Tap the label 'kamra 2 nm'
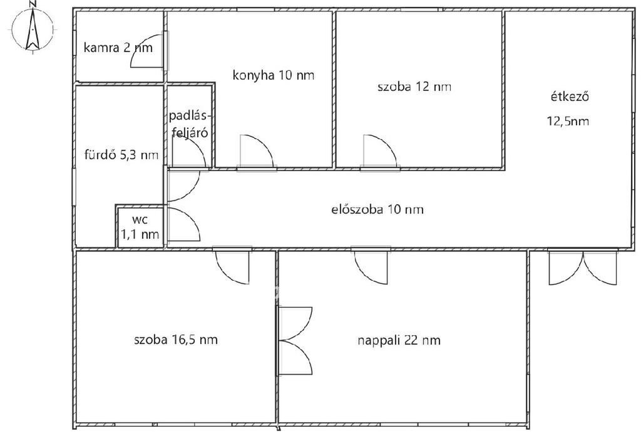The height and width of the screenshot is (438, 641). click(x=118, y=48)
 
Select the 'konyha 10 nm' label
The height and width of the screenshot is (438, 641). click(x=274, y=75)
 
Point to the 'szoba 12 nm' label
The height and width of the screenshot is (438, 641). click(x=414, y=86)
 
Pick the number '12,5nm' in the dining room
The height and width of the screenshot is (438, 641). click(x=568, y=121)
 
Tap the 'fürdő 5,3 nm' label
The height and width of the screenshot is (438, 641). click(x=121, y=155)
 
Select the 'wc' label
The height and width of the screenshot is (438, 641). click(x=140, y=220)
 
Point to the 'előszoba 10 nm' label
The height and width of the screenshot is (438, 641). click(x=377, y=210)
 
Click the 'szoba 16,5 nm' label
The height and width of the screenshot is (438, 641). click(x=176, y=340)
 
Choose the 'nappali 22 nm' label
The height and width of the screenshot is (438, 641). click(x=399, y=341)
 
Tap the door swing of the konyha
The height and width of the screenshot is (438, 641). click(x=256, y=152)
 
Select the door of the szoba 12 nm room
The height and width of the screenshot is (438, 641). click(x=380, y=152)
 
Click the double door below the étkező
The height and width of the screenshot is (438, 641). click(x=582, y=268)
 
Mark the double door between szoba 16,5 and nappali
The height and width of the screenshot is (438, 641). click(x=295, y=341)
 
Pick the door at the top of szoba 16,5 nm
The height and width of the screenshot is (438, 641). click(x=232, y=267)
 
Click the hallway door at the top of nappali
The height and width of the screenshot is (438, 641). click(x=371, y=267)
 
